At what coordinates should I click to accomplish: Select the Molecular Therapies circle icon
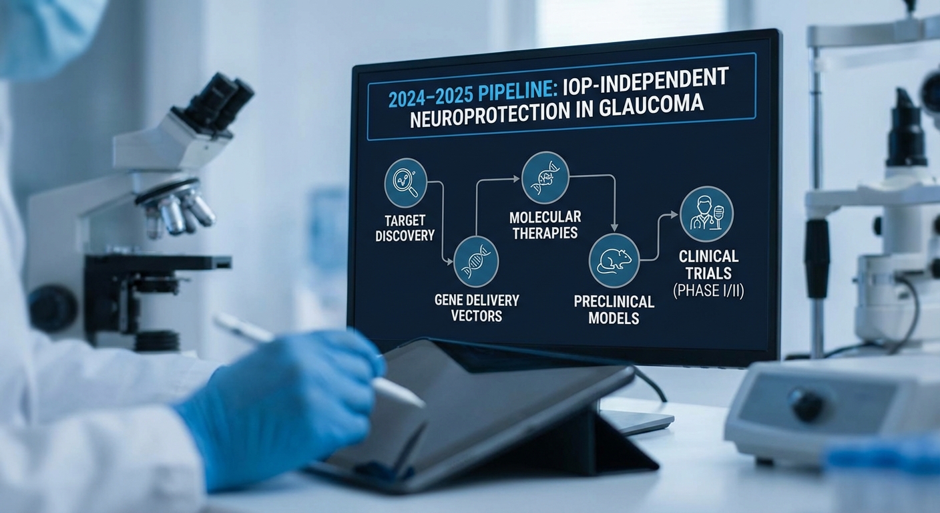coord(544,176)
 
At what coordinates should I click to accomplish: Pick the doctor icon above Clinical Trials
coord(706,214)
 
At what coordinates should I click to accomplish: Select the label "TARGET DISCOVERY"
coord(405,227)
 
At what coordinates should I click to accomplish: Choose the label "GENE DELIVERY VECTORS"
coord(475,307)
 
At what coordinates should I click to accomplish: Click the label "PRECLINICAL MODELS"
coord(614,310)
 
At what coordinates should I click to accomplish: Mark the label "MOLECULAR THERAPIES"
coord(545,224)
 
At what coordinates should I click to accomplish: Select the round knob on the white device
coord(805,405)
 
